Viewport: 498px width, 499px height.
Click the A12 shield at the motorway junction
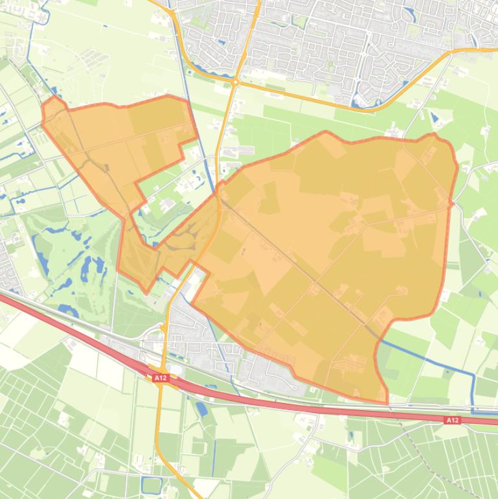(x=160, y=377)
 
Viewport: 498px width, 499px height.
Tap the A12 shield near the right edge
(x=452, y=420)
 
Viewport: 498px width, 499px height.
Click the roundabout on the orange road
(x=235, y=82)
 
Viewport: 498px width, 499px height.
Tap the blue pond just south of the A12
(x=201, y=408)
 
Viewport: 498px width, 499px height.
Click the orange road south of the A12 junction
(x=159, y=428)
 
